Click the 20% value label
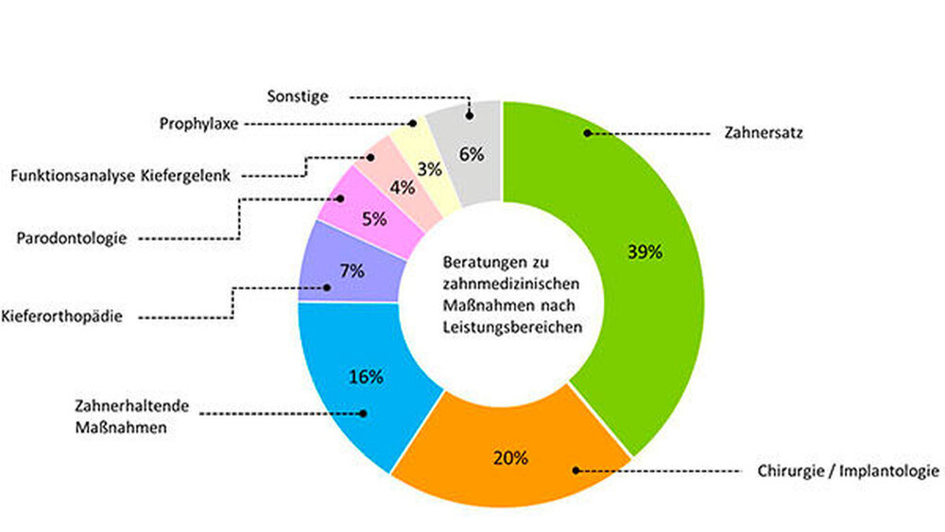(510, 458)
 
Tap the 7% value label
(352, 269)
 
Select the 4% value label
(402, 187)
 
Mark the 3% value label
(431, 169)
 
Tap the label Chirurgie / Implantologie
(848, 471)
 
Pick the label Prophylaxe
(199, 123)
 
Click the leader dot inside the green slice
(587, 133)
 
